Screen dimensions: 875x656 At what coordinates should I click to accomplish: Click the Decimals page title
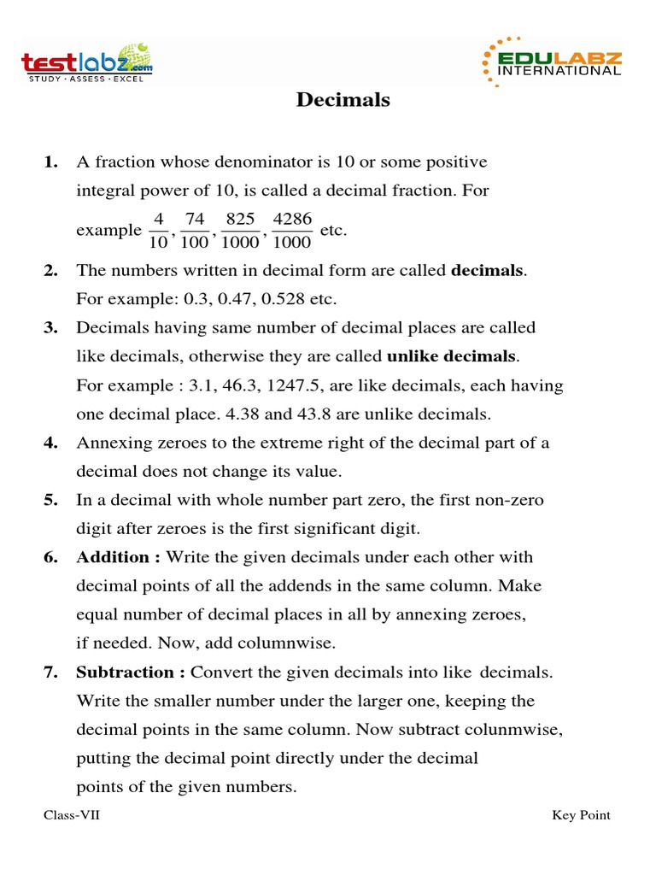(343, 100)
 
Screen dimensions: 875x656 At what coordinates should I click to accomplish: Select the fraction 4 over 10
(158, 231)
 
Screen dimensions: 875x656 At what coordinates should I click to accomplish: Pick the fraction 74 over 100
(195, 231)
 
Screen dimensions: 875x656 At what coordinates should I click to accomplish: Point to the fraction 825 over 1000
(241, 231)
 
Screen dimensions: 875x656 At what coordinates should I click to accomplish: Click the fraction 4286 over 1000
(292, 231)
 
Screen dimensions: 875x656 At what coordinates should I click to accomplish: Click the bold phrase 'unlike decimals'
(452, 356)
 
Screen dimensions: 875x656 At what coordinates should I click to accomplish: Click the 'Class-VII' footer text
(72, 815)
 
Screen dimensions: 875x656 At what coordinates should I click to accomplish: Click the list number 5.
(50, 500)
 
